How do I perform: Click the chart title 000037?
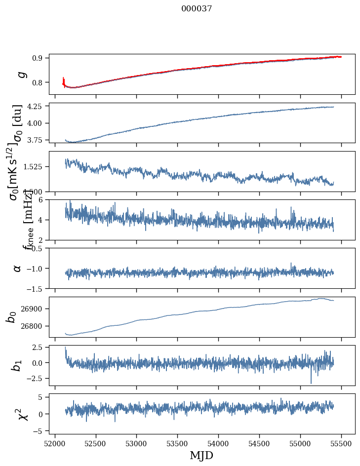[x=197, y=8]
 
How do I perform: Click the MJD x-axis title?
[x=201, y=455]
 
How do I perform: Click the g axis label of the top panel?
[x=21, y=74]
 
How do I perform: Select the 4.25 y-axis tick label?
[x=35, y=106]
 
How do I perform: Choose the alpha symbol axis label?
[x=18, y=268]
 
